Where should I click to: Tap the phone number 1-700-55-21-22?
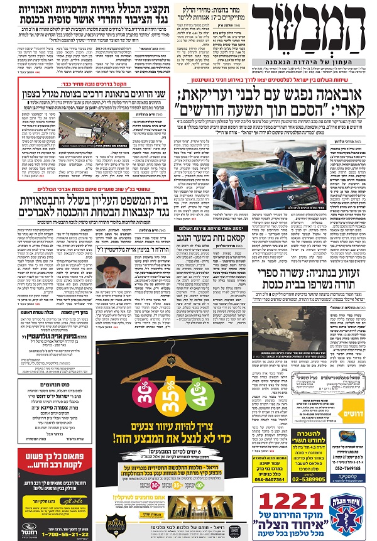57,531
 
